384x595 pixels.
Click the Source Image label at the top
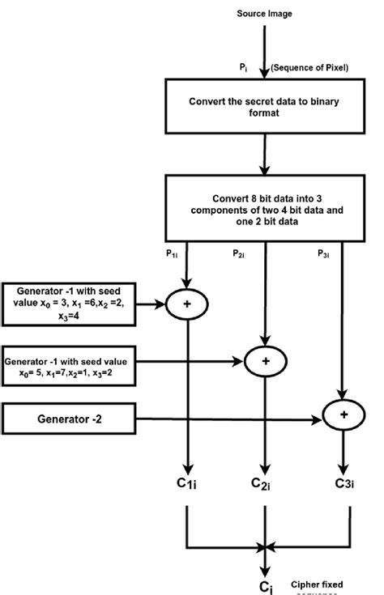pyautogui.click(x=263, y=14)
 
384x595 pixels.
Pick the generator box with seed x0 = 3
pyautogui.click(x=68, y=304)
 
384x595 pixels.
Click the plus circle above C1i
pyautogui.click(x=188, y=305)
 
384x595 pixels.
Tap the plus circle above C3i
pyautogui.click(x=343, y=414)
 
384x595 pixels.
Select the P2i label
pyautogui.click(x=240, y=253)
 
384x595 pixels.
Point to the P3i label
pyautogui.click(x=322, y=253)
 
